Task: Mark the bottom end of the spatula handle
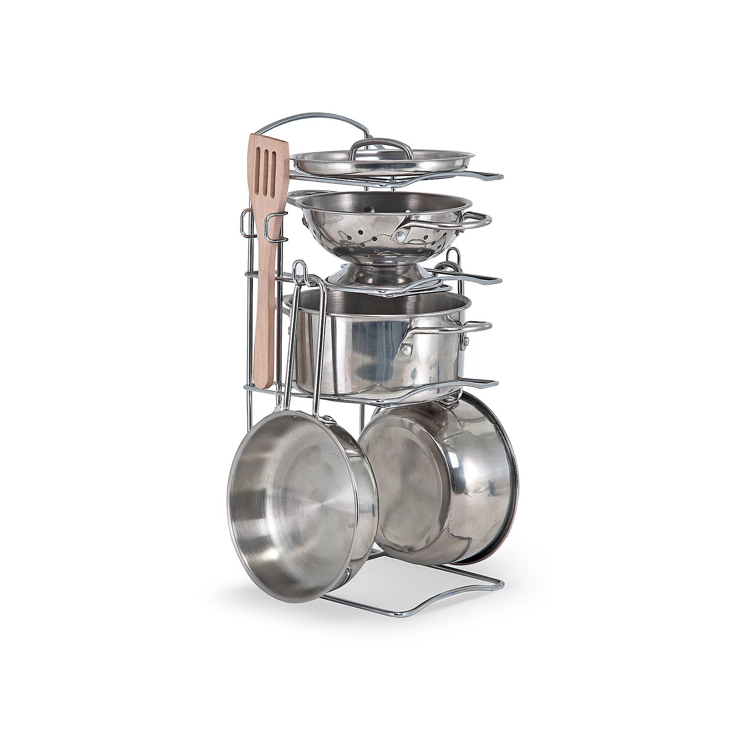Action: tap(264, 384)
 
